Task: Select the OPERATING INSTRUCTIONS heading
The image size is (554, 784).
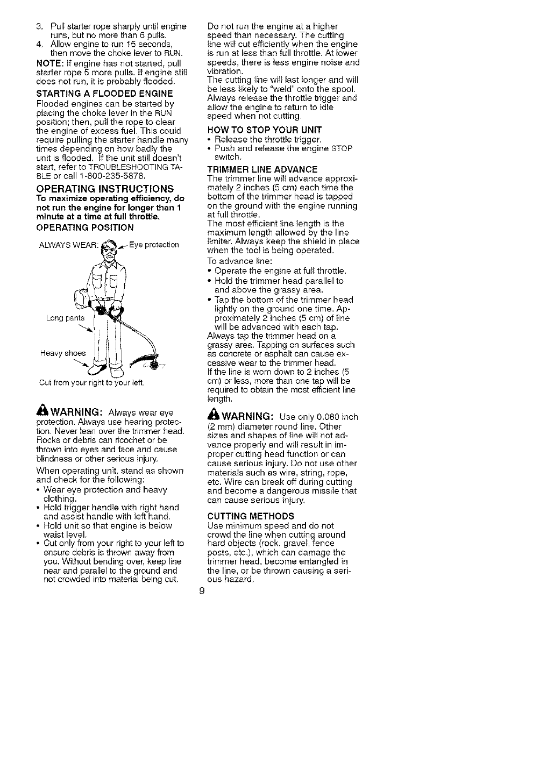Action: click(105, 189)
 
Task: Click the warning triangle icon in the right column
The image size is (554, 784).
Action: click(211, 416)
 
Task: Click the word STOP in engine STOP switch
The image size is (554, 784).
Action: click(342, 148)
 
